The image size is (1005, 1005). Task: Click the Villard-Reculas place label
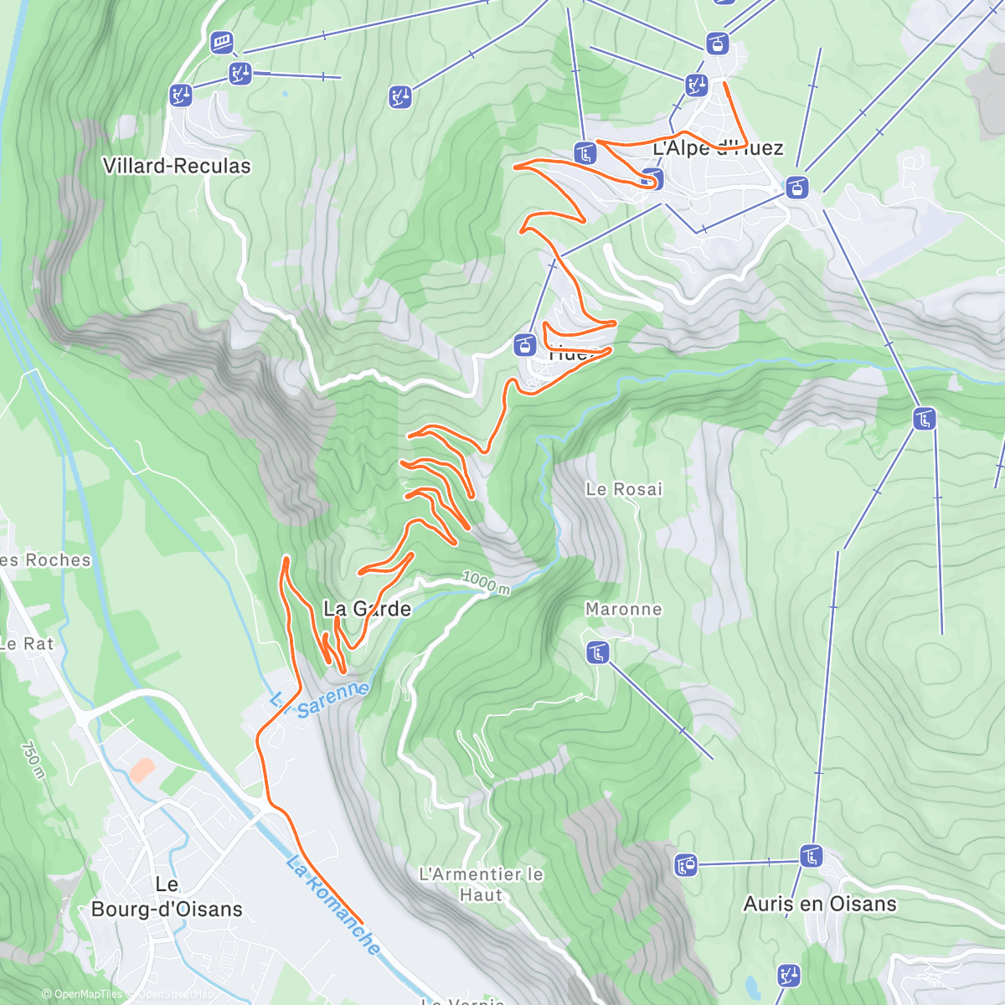pos(177,166)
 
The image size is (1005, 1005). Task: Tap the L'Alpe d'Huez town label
pos(718,148)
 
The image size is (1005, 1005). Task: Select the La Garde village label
pos(368,609)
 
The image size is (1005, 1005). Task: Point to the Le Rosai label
pos(624,489)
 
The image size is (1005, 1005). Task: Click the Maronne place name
pos(623,610)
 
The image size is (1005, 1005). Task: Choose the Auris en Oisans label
pos(820,904)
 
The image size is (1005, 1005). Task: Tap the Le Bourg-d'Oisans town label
pos(167,897)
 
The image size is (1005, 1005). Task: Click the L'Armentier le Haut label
pos(481,884)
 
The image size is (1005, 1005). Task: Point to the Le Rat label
pos(27,644)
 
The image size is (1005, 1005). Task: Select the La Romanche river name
pos(332,904)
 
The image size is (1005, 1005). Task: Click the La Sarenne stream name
pos(321,700)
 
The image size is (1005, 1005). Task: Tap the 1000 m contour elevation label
pos(486,583)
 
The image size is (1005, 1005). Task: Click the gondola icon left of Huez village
pos(524,343)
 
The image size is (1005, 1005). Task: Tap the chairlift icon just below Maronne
pos(597,652)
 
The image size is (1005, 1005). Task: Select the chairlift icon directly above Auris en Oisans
pos(810,857)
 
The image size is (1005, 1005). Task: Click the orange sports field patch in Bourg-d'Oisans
pos(142,769)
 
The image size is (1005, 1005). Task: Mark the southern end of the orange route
pos(362,922)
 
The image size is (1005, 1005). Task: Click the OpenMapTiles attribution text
pos(84,995)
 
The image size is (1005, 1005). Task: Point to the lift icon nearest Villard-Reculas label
pos(180,95)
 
